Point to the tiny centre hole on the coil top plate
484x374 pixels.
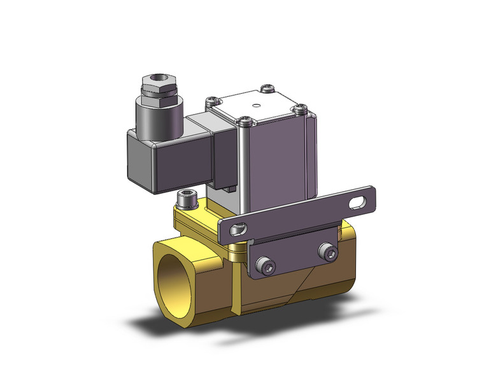click(257, 105)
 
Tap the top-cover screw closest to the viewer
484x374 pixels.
click(243, 119)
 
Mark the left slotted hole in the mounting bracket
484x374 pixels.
click(239, 227)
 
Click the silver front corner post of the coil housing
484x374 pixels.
click(243, 166)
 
